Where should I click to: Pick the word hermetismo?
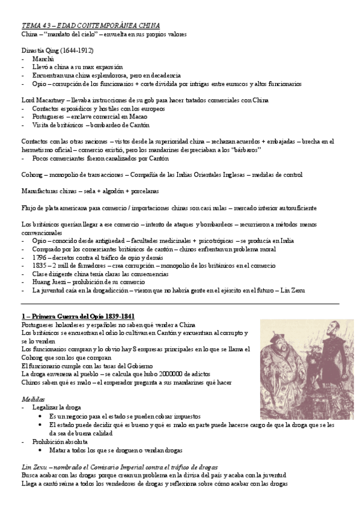click(35, 150)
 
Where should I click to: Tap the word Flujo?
click(29, 207)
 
